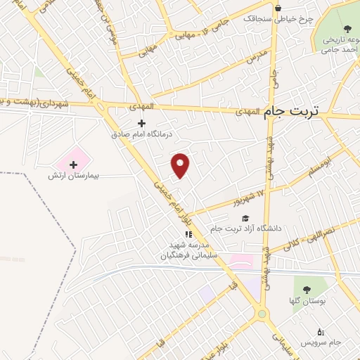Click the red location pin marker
click(x=181, y=165)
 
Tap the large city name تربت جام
click(x=291, y=111)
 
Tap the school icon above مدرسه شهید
click(x=188, y=234)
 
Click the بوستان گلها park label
click(x=307, y=300)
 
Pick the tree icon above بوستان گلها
click(x=307, y=290)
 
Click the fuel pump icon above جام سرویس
click(x=321, y=331)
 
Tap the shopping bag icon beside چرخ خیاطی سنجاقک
click(x=278, y=8)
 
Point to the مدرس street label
click(x=257, y=56)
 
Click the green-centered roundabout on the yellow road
click(x=263, y=314)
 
